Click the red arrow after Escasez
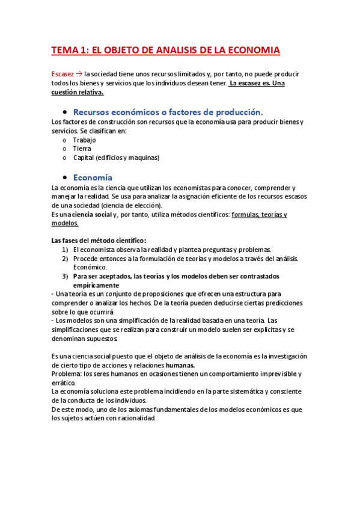(79, 74)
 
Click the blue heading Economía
(93, 177)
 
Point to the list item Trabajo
(84, 140)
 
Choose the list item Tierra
(82, 149)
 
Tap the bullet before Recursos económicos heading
(63, 112)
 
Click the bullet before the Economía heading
(63, 178)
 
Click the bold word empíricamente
(96, 284)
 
